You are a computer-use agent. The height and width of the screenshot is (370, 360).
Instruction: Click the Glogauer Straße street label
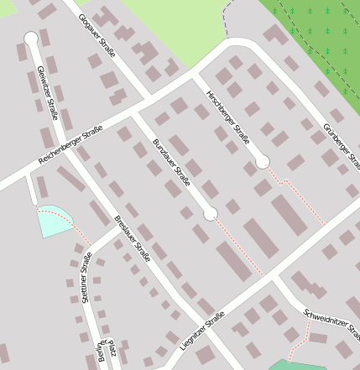click(96, 34)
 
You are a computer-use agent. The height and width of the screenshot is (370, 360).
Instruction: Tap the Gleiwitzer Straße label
click(47, 91)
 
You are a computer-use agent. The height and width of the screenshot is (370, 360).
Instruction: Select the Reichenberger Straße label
click(70, 145)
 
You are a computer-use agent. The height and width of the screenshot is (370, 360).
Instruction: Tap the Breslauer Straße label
click(132, 238)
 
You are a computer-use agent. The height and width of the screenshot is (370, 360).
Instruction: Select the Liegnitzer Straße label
click(201, 331)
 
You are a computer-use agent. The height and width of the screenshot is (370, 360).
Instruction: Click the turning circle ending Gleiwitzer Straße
click(31, 38)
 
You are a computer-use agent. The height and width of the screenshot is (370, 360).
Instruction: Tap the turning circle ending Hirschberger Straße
click(262, 161)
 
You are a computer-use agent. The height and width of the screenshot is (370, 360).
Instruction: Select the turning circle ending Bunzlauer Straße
click(210, 213)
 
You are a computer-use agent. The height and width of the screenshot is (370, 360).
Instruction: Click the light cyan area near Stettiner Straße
click(52, 221)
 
